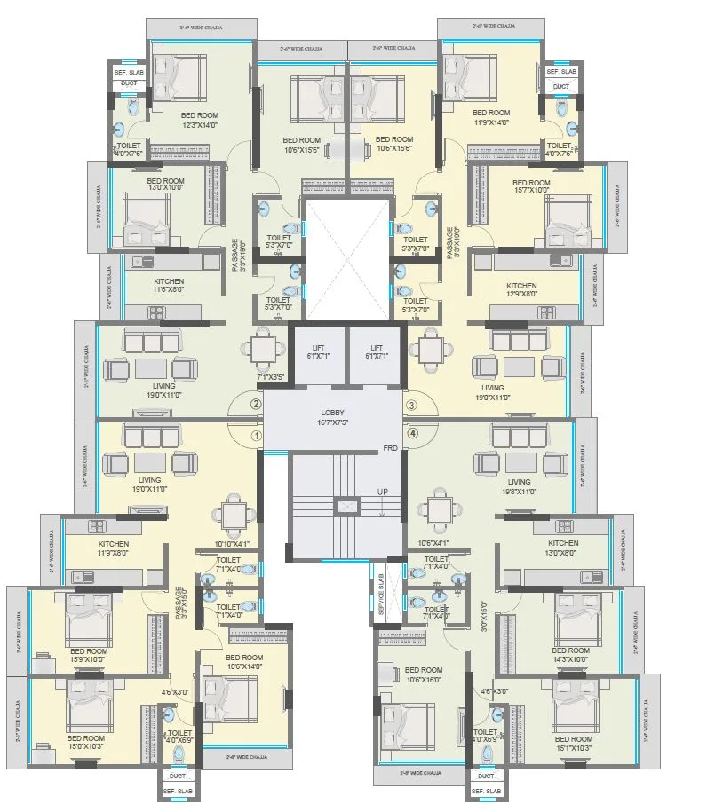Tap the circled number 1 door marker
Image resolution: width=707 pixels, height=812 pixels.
click(256, 436)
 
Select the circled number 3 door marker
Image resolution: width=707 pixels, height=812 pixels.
click(411, 406)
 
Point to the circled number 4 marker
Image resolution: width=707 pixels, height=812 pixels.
click(411, 434)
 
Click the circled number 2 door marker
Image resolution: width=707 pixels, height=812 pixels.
click(256, 405)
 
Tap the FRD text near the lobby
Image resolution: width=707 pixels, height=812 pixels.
click(390, 448)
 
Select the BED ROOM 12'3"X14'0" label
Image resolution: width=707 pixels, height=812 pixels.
click(188, 119)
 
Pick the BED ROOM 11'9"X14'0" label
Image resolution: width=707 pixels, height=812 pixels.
click(490, 118)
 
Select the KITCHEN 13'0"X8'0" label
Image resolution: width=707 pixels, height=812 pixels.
click(563, 548)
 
